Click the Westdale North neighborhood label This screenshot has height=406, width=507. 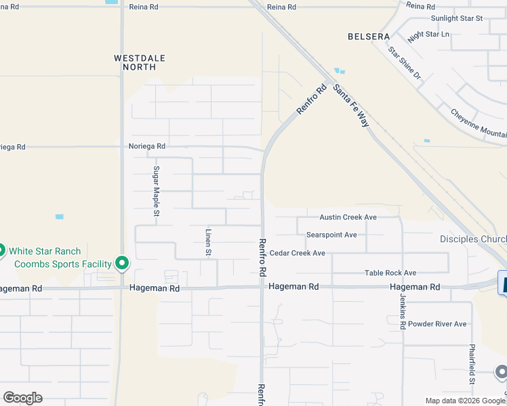(x=140, y=63)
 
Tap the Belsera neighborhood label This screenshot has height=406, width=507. (x=369, y=37)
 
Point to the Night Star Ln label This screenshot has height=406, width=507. (x=428, y=34)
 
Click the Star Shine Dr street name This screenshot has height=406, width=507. (x=405, y=62)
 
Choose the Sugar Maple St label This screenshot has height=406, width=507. (x=156, y=191)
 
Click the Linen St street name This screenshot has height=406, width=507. (x=208, y=242)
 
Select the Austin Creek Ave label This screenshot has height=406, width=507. (x=348, y=217)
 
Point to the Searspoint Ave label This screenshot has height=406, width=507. (x=331, y=235)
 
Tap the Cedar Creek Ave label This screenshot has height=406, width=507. (x=298, y=253)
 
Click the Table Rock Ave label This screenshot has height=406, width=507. (x=390, y=273)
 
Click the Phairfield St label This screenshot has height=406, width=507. (x=472, y=364)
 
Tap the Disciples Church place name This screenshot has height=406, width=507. (x=473, y=239)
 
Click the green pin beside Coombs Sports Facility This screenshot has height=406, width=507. (x=122, y=262)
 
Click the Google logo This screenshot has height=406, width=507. (x=22, y=398)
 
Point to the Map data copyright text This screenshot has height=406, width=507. (x=464, y=401)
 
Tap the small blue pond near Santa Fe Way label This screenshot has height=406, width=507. (x=339, y=71)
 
